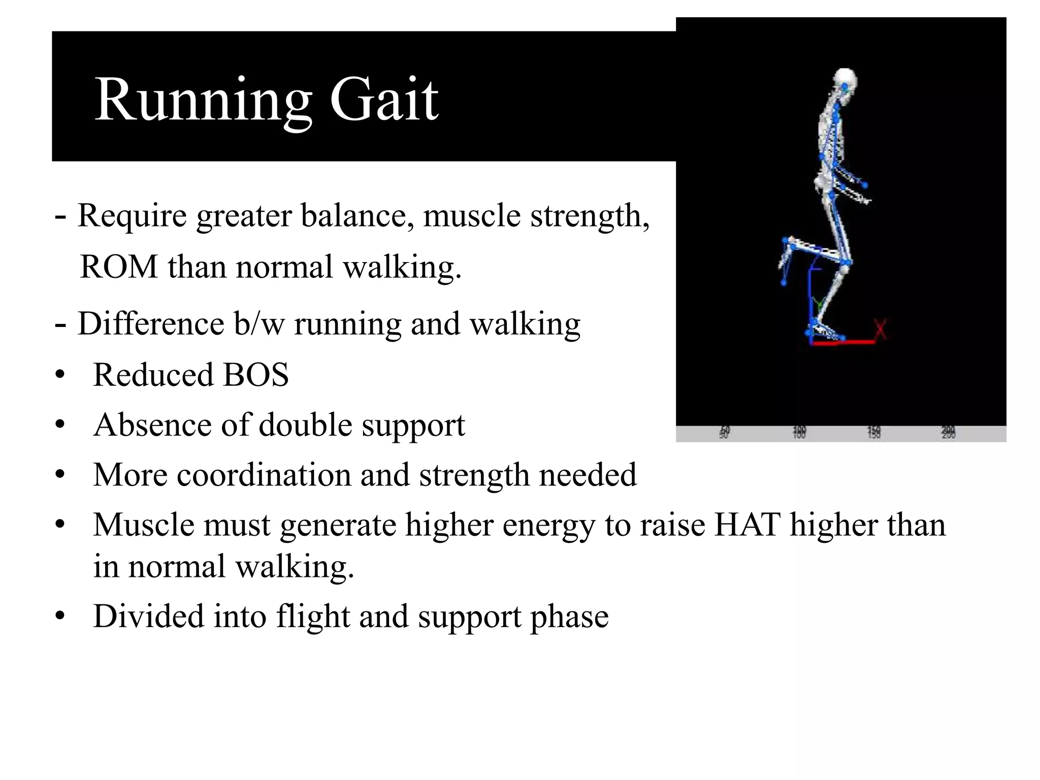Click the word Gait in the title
click(384, 99)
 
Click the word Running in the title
click(203, 99)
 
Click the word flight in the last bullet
click(313, 616)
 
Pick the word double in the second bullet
click(305, 425)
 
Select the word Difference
click(151, 324)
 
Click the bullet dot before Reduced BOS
click(60, 375)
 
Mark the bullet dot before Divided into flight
click(60, 616)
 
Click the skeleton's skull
click(844, 81)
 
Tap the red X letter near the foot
click(881, 330)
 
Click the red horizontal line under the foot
click(843, 343)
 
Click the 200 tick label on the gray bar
click(948, 433)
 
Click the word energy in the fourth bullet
click(548, 525)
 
